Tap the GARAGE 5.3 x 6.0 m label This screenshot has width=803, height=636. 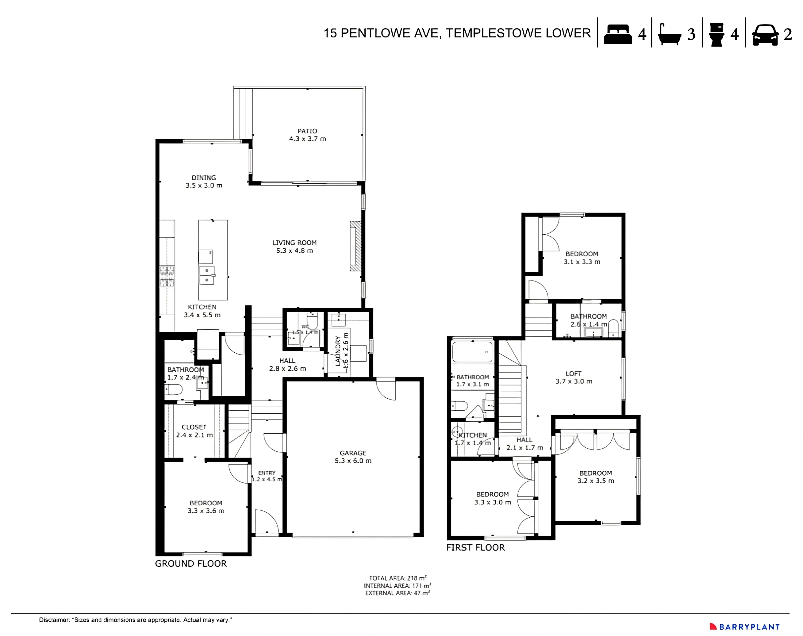point(353,457)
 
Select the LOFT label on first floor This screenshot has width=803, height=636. point(574,374)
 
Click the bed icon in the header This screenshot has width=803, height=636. point(618,35)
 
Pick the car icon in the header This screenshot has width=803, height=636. point(765,35)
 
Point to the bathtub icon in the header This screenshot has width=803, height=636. point(669,35)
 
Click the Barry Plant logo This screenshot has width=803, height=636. point(745,627)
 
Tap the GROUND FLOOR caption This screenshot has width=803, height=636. point(191,564)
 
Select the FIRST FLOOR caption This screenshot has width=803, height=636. point(475,548)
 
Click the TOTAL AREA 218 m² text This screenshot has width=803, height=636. point(398,578)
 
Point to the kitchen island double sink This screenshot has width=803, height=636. point(207,275)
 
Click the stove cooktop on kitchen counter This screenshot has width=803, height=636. point(167,276)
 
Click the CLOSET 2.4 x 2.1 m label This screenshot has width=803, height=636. point(194,431)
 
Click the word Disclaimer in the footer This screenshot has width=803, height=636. point(54,620)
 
